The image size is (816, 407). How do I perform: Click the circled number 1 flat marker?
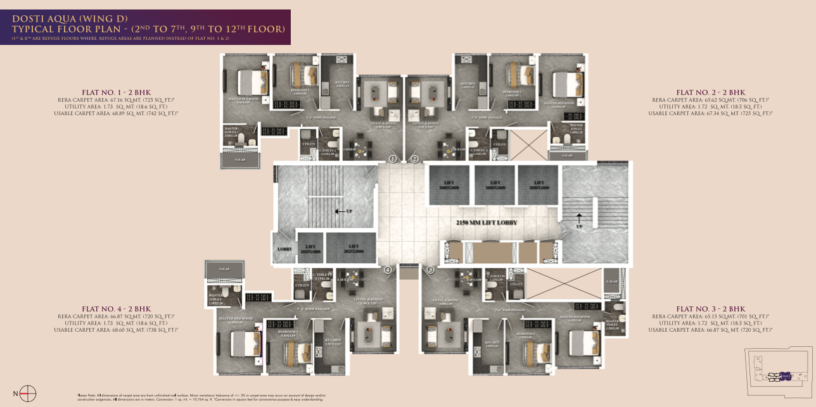(393, 159)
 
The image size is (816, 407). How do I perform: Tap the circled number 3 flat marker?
(431, 270)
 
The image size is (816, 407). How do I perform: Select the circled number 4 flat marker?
(388, 270)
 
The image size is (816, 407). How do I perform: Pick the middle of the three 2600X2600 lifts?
(494, 185)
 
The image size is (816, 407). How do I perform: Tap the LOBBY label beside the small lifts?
(285, 249)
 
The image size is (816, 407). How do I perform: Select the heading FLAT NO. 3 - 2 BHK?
(710, 309)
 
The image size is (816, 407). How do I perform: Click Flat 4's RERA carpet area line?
(116, 316)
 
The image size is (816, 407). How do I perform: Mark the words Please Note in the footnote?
(86, 395)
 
